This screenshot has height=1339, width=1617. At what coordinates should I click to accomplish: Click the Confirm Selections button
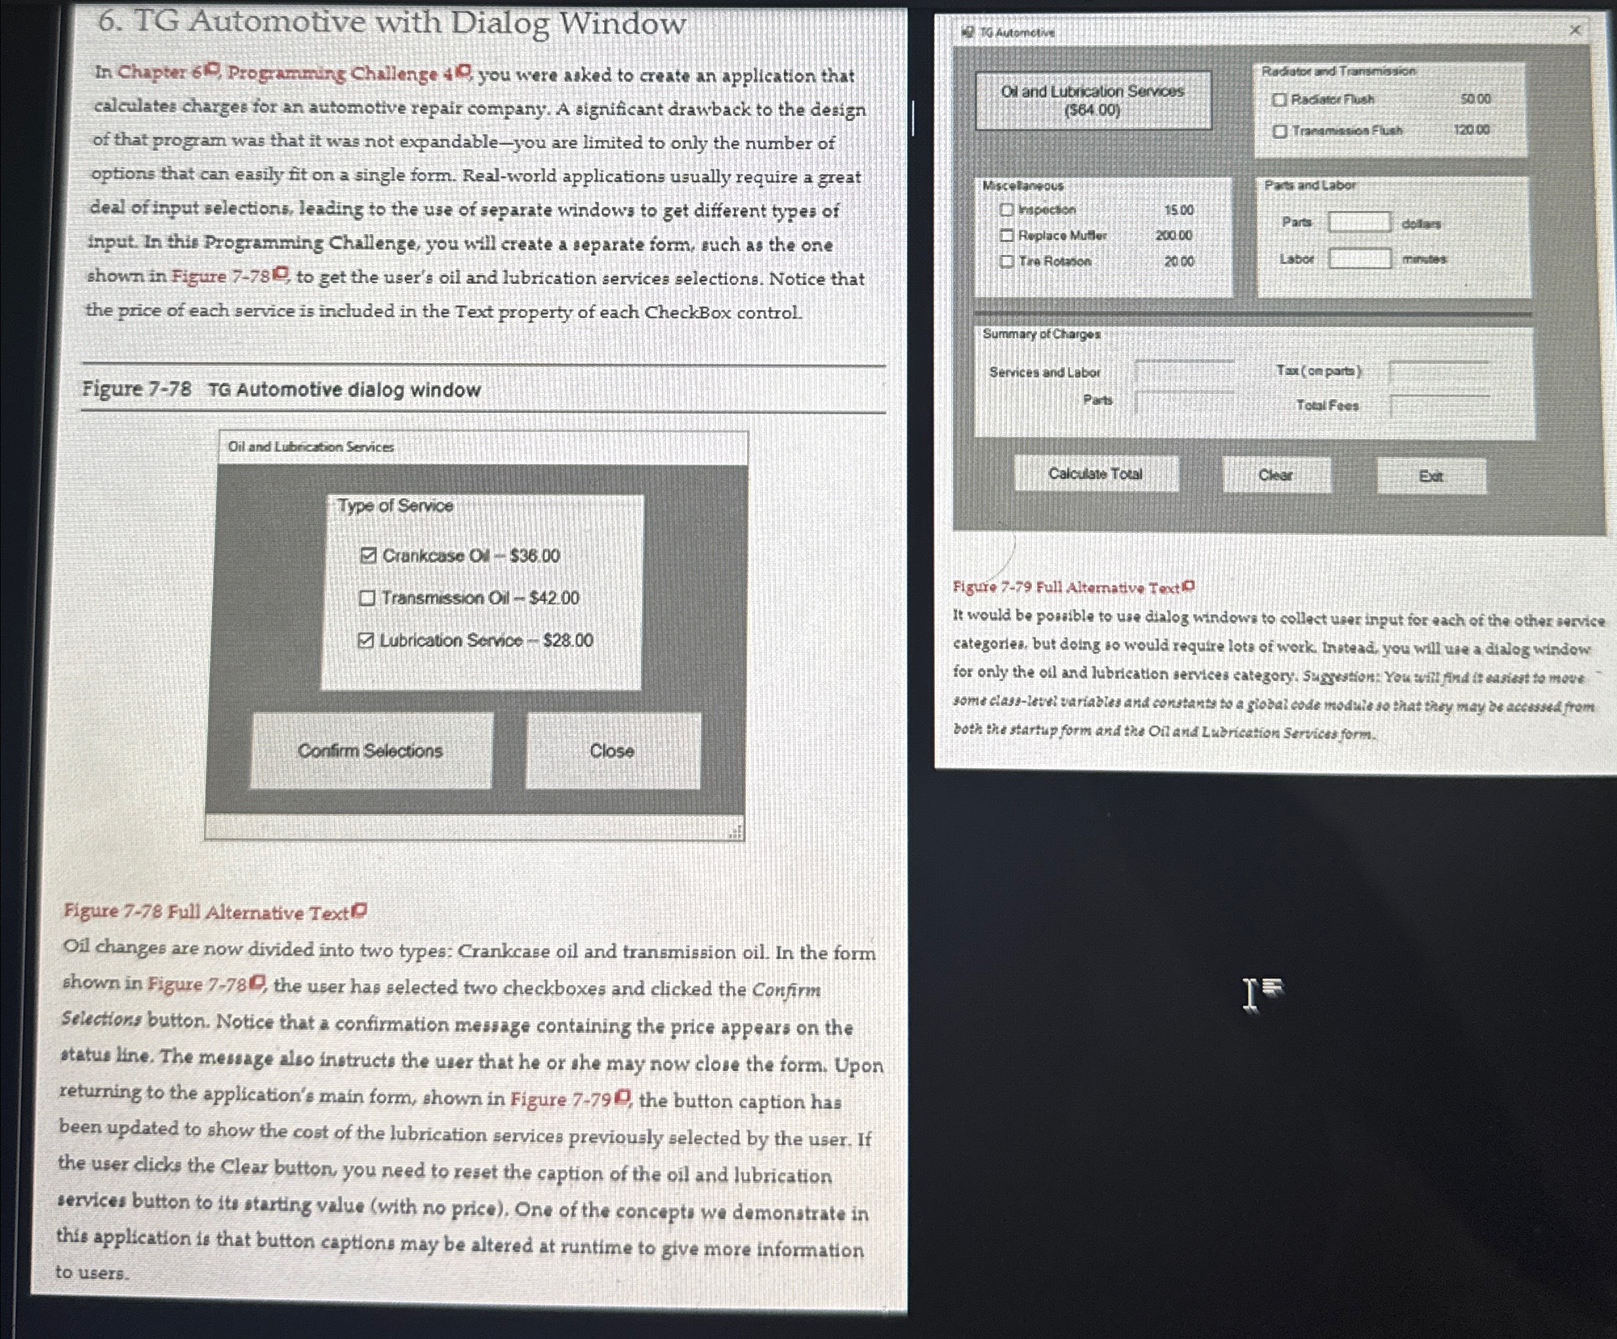point(371,750)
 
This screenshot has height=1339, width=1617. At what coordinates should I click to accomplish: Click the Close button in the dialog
point(612,750)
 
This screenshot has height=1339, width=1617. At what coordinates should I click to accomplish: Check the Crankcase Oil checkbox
point(368,556)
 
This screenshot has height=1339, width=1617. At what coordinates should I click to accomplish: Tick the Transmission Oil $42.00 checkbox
point(367,598)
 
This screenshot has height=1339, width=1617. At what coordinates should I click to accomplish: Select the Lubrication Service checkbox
point(367,640)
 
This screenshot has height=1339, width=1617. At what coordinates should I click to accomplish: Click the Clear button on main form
point(1276,475)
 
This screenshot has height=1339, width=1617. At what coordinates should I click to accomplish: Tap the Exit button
point(1431,476)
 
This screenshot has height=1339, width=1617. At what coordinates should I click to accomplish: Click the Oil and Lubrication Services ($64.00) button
point(1092,100)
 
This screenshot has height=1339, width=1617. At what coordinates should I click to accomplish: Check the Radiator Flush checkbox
point(1280,99)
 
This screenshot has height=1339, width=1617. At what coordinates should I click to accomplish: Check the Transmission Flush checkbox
point(1280,131)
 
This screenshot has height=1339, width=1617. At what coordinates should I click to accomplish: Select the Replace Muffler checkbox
point(1006,235)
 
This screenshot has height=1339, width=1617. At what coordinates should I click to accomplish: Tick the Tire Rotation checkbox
point(1006,262)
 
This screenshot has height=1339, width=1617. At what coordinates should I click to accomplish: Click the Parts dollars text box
point(1360,222)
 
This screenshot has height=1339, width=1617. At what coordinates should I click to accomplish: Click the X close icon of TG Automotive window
point(1574,30)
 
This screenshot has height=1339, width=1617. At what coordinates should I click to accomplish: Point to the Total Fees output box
point(1439,406)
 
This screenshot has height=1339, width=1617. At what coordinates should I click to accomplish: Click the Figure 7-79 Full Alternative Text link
point(1072,588)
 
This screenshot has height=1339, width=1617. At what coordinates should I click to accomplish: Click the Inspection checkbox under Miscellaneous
point(1006,209)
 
